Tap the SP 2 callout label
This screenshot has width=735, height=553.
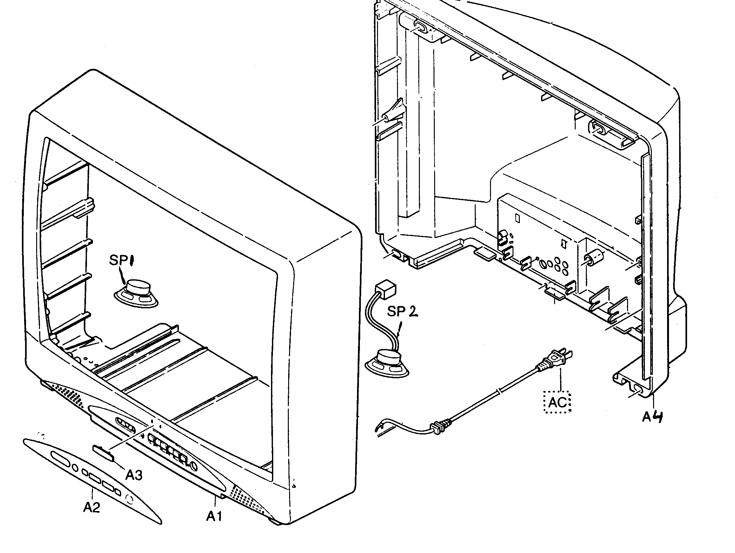(402, 312)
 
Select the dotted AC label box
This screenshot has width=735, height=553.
(557, 403)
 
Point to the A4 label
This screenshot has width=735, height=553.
(652, 416)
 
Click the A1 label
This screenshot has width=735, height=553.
(214, 516)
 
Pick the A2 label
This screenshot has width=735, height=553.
(91, 507)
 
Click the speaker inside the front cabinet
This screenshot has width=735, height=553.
(136, 292)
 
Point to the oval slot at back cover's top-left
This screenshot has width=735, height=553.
(420, 27)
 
